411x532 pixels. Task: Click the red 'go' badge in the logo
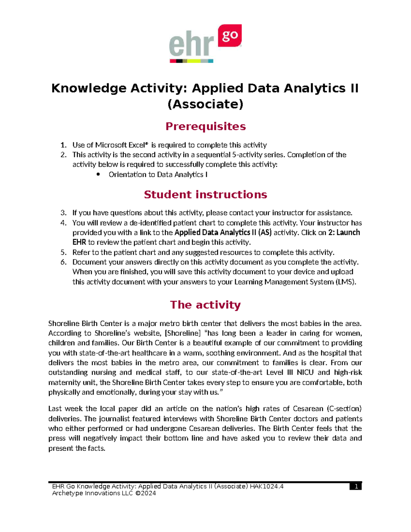(230, 36)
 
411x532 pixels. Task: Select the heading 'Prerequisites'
(206, 126)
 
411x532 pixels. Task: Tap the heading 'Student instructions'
(206, 195)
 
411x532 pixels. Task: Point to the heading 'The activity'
(206, 305)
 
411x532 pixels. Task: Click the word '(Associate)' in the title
(206, 104)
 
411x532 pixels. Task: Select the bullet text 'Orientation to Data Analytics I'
(158, 175)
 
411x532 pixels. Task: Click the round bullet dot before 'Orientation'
(98, 174)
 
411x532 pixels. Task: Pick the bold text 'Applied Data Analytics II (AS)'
(223, 233)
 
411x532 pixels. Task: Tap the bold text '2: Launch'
(344, 233)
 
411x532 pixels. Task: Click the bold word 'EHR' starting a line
(79, 243)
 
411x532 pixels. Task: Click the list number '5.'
(63, 252)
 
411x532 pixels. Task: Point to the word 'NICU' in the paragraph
(305, 373)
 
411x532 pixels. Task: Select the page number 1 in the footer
(356, 486)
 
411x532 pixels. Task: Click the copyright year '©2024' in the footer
(145, 493)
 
